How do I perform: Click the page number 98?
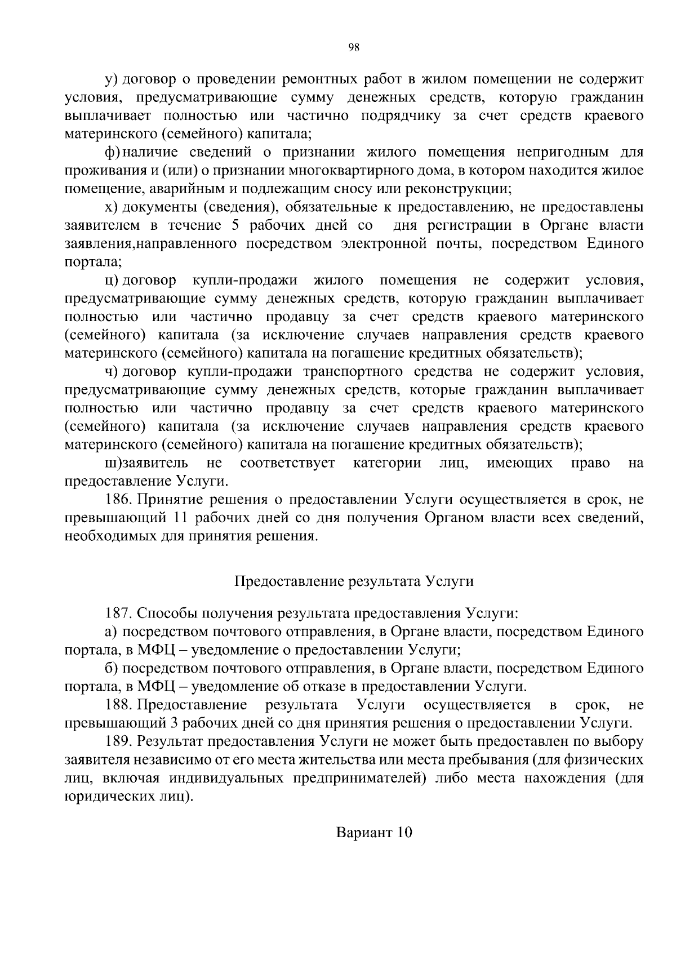354,48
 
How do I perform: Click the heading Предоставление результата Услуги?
354,581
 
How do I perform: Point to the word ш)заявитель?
146,463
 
